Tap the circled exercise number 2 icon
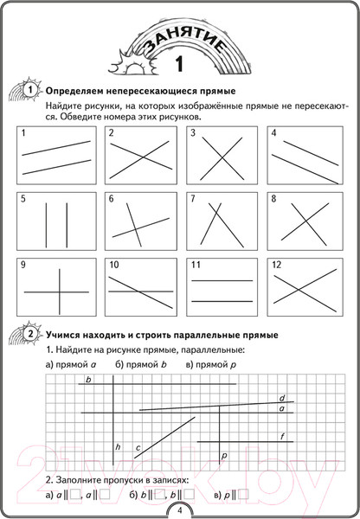tap(30, 334)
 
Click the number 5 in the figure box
tap(23, 199)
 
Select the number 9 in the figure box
tap(23, 263)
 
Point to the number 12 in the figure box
tap(276, 263)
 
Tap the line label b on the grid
tap(89, 379)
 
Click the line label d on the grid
tap(282, 399)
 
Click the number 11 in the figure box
tap(196, 263)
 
